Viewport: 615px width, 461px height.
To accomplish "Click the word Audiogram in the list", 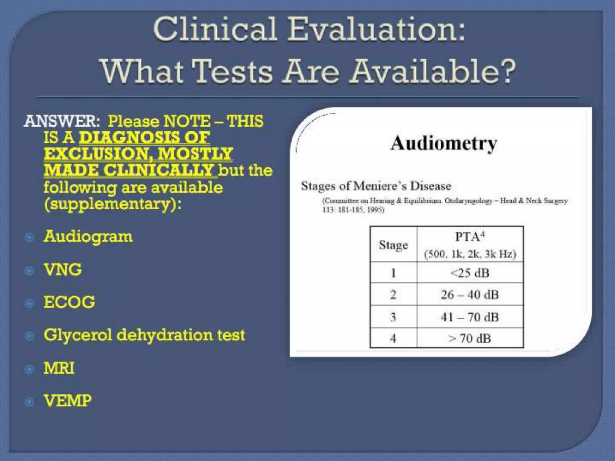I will coord(88,237).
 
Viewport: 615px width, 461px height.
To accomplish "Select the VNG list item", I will coord(63,270).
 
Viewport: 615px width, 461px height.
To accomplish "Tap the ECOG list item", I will coord(69,302).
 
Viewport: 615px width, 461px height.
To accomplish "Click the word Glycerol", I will coord(78,335).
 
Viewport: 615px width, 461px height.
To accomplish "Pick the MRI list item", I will coord(59,368).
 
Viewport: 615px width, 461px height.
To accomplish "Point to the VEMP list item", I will coord(68,401).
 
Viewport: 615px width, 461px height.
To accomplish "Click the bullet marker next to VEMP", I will coord(29,402).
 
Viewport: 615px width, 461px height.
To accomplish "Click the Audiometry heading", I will coord(444,143).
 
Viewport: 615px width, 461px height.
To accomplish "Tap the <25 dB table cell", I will coord(470,273).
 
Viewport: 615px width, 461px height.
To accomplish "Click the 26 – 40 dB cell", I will coord(470,295).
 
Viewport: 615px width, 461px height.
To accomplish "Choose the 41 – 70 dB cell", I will coord(470,317).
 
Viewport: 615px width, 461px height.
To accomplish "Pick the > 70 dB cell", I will coord(470,339).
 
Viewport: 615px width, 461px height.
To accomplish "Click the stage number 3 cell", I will coord(393,317).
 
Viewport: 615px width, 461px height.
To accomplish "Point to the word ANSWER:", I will coord(62,121).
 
